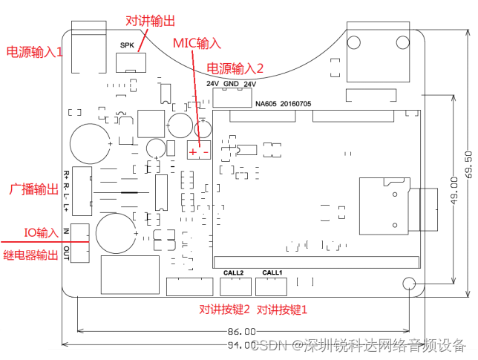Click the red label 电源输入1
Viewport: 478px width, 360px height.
(35, 52)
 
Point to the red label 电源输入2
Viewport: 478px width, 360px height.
(235, 68)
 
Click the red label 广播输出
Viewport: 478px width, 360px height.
(33, 189)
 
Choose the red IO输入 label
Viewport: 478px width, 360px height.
(42, 233)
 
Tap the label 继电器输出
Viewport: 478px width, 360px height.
(31, 255)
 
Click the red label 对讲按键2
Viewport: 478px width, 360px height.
(224, 309)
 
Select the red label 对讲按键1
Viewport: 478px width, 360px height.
(281, 309)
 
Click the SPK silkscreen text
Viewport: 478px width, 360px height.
(126, 45)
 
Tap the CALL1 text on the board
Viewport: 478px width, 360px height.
(272, 272)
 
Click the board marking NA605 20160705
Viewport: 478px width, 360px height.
(283, 105)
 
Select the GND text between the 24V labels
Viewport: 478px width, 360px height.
(230, 84)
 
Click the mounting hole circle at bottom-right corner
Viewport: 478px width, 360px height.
(408, 284)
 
